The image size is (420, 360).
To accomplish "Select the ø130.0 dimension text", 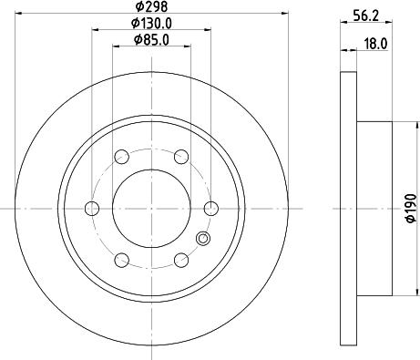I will (x=150, y=24).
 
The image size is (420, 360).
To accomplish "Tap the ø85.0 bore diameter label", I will (x=150, y=39).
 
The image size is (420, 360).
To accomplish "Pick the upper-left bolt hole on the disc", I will (x=120, y=155).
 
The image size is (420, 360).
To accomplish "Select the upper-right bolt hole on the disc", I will (x=180, y=155).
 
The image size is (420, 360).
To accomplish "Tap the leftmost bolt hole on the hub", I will (x=90, y=207).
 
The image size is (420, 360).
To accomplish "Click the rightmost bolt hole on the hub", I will (x=210, y=207).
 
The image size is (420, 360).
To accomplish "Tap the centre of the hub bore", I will (x=150, y=207).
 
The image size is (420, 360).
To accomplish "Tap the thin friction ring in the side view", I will (x=348, y=207).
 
